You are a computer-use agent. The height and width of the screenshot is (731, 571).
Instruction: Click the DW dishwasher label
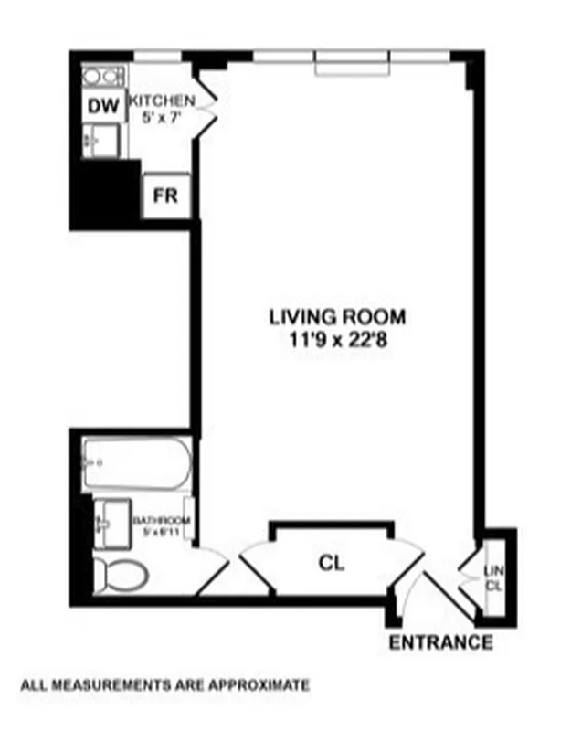[103, 107]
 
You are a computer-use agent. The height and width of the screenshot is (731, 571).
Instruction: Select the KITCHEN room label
[162, 101]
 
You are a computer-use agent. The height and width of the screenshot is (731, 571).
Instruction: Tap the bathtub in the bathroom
[136, 464]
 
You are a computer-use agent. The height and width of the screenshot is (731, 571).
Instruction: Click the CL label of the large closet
[332, 563]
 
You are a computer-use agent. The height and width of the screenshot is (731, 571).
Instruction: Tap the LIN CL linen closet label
[493, 577]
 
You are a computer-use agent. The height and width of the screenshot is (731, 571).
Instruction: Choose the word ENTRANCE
[441, 642]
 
